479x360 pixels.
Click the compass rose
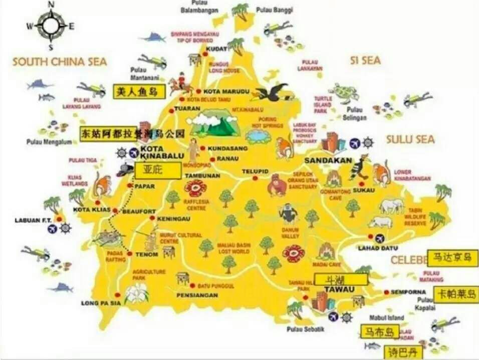pos(51,26)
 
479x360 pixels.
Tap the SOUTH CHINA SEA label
pos(60,62)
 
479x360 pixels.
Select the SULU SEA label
pos(410,139)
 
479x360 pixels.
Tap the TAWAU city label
pos(339,289)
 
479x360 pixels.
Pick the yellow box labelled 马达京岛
pos(452,258)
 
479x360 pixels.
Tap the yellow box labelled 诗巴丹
pos(402,352)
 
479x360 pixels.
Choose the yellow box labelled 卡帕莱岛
pos(455,294)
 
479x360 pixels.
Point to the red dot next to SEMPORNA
pos(386,292)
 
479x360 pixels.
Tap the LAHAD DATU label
pos(378,248)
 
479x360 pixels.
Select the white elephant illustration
pos(391,205)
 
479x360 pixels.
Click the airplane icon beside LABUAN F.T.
pos(53,229)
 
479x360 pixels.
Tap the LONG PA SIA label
pos(101,303)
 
